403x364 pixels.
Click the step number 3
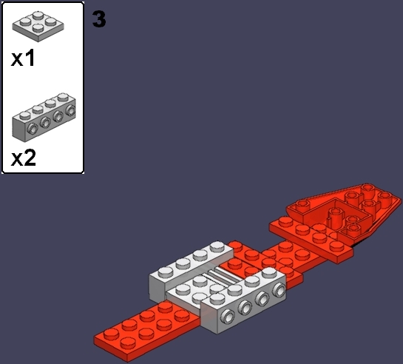point(99,19)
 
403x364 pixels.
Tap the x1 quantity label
point(23,58)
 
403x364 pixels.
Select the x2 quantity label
point(23,158)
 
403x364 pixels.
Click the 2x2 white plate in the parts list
point(38,26)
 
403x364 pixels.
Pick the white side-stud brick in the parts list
point(44,117)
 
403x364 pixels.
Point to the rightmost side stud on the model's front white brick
point(279,289)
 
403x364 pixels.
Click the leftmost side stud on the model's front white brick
point(228,316)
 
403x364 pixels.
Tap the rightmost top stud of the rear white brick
point(217,246)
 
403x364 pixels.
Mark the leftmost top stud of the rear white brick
point(165,272)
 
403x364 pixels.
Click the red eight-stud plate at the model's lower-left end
point(146,330)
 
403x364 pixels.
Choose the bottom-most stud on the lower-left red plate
point(128,343)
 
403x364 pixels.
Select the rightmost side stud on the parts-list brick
point(70,110)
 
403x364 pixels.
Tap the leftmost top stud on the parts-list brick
point(25,115)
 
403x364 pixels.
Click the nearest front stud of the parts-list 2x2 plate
point(38,28)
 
